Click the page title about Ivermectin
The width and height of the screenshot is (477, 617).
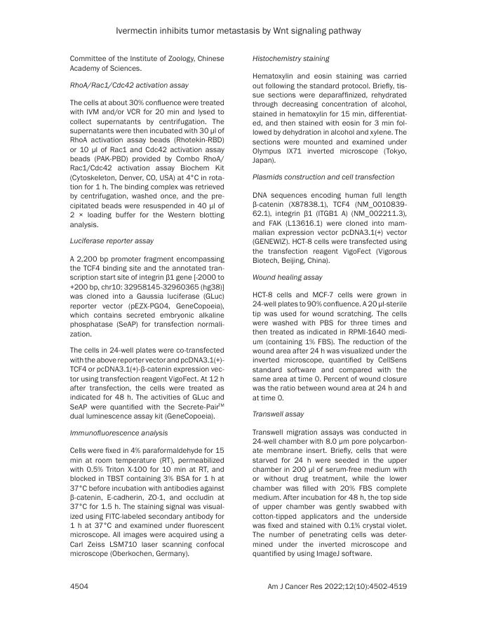(238, 30)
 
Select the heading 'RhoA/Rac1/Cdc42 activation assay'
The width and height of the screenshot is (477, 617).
(129, 85)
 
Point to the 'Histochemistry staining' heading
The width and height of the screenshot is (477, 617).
(291, 57)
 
